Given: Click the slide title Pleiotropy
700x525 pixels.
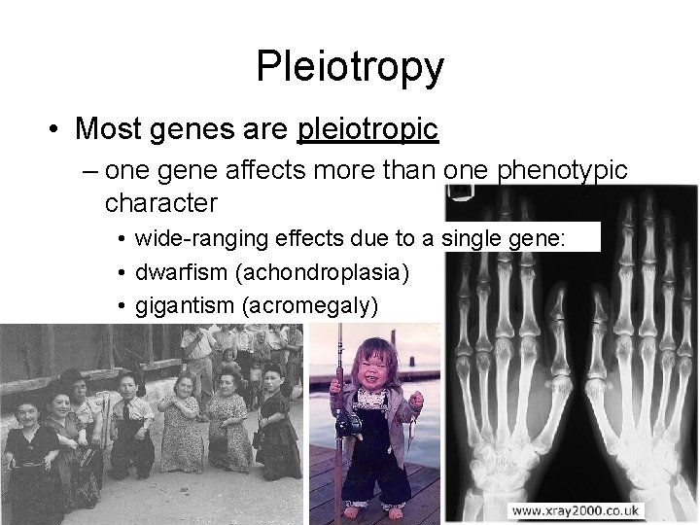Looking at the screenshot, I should pyautogui.click(x=350, y=66).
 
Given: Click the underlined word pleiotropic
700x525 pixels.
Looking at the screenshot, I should pyautogui.click(x=369, y=128).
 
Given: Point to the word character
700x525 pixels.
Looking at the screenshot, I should pyautogui.click(x=159, y=204).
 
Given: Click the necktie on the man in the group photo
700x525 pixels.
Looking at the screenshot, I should pyautogui.click(x=127, y=413).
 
